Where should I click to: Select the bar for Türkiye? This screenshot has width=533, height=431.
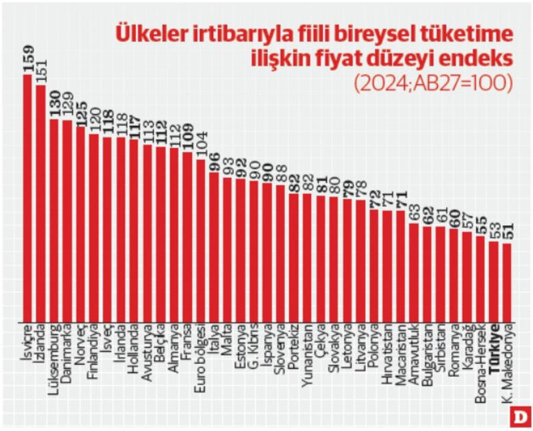[x=494, y=280]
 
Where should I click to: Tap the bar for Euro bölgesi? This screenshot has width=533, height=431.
[x=201, y=240]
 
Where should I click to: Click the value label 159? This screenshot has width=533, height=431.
[x=28, y=59]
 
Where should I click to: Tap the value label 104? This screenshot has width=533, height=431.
[x=201, y=145]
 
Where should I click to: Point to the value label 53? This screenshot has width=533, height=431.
[x=494, y=228]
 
